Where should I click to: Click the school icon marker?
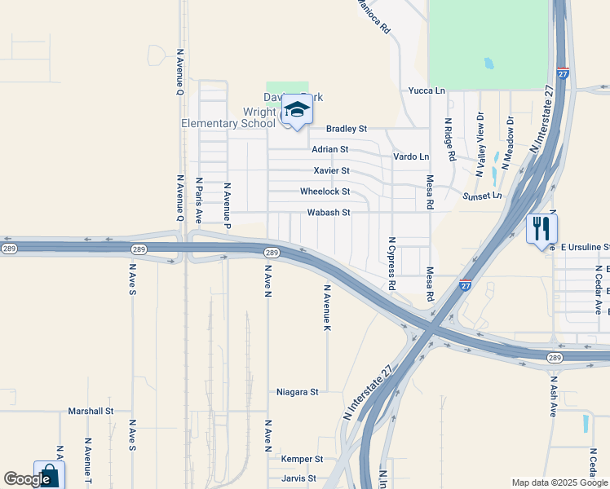(298, 111)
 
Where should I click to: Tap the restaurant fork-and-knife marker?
(541, 231)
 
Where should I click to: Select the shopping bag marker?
(48, 477)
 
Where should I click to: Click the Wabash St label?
(328, 213)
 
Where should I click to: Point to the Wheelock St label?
(325, 192)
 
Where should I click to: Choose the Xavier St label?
(331, 170)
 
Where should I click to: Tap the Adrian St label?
(329, 149)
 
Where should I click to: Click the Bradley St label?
(347, 129)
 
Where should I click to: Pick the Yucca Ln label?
(427, 90)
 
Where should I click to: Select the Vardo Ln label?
(411, 156)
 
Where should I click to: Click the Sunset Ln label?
(482, 196)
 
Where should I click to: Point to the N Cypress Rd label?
(392, 264)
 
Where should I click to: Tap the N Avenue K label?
(327, 307)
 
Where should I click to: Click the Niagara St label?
(297, 392)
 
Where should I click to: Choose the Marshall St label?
(90, 412)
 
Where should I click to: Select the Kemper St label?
(302, 460)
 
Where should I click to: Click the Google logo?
(27, 479)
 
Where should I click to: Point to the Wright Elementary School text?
(228, 118)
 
